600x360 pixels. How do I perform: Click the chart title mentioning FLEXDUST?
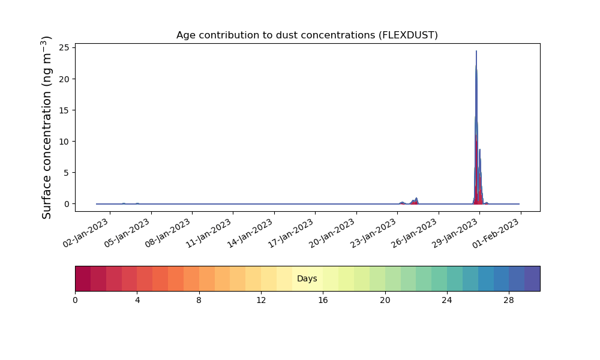(x=307, y=35)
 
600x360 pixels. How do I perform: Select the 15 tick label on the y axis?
(x=64, y=110)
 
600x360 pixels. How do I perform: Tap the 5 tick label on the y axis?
(x=67, y=173)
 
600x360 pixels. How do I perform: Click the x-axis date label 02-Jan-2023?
(x=86, y=233)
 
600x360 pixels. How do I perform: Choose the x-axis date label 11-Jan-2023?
(x=209, y=233)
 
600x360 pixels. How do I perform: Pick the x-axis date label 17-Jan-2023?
(x=291, y=233)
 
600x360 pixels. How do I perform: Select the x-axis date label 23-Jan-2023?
(x=373, y=233)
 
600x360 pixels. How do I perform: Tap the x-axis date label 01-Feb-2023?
(x=496, y=233)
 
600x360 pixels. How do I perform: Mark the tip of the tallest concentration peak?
(x=476, y=51)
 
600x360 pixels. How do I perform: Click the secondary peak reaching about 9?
(x=480, y=149)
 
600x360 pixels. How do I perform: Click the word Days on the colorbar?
(x=307, y=278)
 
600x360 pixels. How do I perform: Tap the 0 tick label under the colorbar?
(x=75, y=301)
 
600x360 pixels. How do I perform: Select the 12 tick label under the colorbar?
(x=261, y=301)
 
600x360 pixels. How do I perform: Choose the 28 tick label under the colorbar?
(x=509, y=301)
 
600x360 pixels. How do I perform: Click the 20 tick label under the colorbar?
(x=385, y=301)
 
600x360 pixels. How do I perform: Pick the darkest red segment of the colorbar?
(x=83, y=278)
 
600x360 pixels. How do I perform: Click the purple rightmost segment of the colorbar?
(x=532, y=278)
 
